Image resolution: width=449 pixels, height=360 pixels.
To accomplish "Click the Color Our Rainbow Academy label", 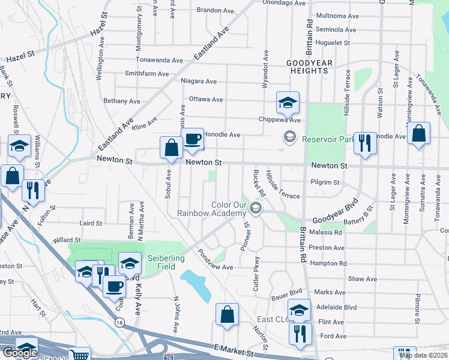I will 212,209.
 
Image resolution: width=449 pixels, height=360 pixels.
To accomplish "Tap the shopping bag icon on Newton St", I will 171,148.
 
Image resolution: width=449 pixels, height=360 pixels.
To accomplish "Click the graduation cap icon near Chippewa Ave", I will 288,103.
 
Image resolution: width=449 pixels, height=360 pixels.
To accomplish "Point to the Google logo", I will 20,353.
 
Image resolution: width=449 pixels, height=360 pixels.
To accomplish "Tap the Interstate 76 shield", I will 169,356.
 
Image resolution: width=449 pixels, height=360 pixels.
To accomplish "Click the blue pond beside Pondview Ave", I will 198,284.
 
